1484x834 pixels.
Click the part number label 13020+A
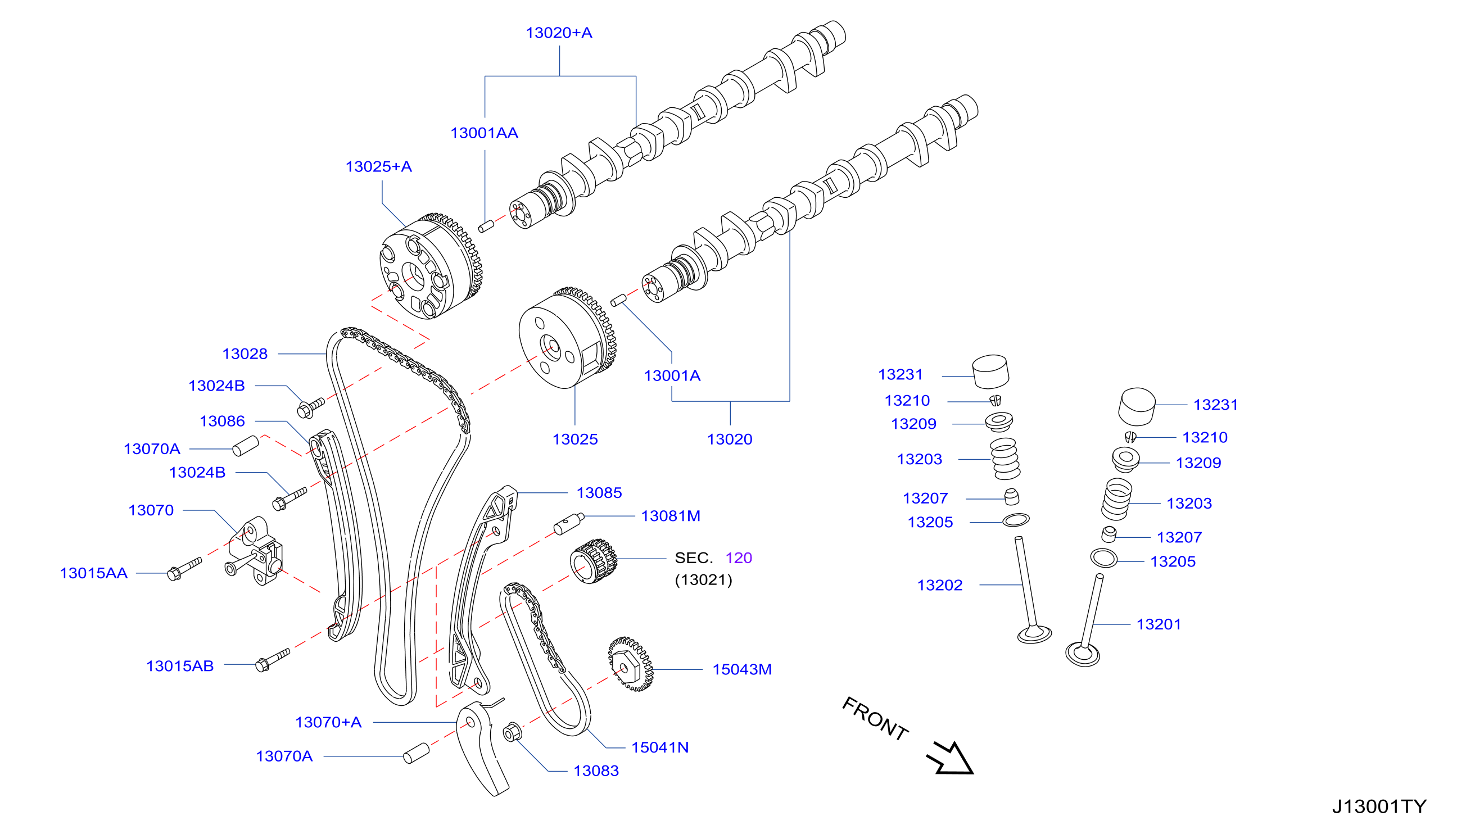coord(559,33)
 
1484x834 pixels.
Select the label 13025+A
coord(378,166)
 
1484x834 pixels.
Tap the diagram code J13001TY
coord(1379,806)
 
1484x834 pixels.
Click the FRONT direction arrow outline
coord(951,759)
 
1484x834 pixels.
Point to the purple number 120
coord(739,557)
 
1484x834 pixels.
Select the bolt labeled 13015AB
coord(273,660)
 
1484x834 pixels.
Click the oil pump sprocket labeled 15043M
coord(631,664)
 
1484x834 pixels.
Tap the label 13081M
coord(671,516)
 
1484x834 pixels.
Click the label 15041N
coord(659,747)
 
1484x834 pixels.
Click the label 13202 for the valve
coord(940,585)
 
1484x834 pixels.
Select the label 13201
coord(1159,624)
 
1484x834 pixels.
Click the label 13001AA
coord(484,133)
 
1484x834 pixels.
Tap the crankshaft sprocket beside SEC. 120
coord(594,561)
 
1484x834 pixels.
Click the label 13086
coord(222,421)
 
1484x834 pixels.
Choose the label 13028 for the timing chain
coord(245,353)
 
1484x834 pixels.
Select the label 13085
coord(599,493)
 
